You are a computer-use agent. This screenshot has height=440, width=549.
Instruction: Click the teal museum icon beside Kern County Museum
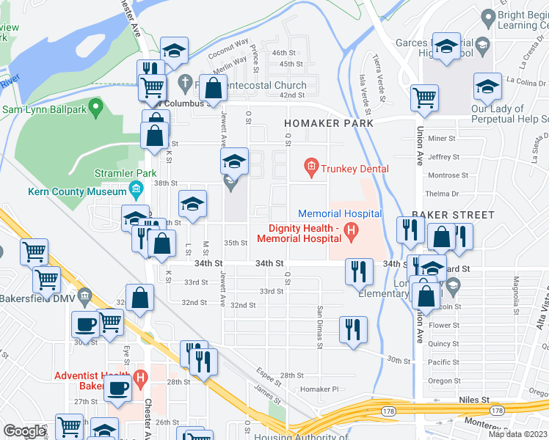coord(136,192)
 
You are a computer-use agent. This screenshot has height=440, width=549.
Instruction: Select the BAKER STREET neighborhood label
coord(453,215)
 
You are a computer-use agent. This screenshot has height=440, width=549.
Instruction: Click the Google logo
coord(24,431)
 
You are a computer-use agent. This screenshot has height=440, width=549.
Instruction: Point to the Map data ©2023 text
coord(519,434)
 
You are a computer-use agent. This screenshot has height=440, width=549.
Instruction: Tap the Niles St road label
coord(475,400)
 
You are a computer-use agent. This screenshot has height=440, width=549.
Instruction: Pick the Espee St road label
coord(270,378)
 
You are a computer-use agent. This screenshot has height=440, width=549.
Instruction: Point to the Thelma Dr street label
coord(443,194)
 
